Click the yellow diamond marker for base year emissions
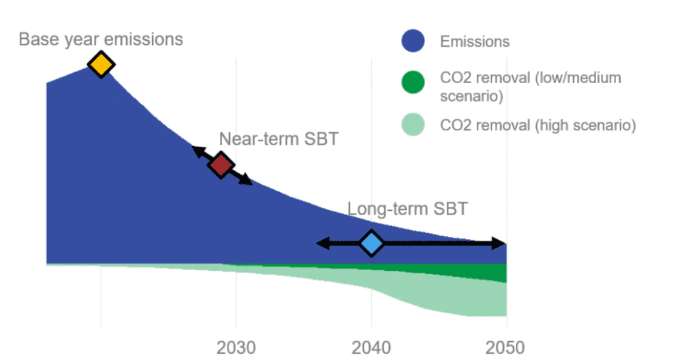click(x=101, y=64)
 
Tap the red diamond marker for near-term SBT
click(x=221, y=164)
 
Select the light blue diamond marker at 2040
click(x=371, y=243)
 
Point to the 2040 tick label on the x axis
click(x=371, y=348)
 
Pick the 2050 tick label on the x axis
click(x=506, y=348)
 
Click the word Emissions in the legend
click(x=475, y=42)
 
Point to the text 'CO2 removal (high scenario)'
click(x=537, y=125)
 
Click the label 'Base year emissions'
click(x=101, y=40)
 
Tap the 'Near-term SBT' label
click(x=278, y=139)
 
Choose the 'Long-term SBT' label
click(x=407, y=209)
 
